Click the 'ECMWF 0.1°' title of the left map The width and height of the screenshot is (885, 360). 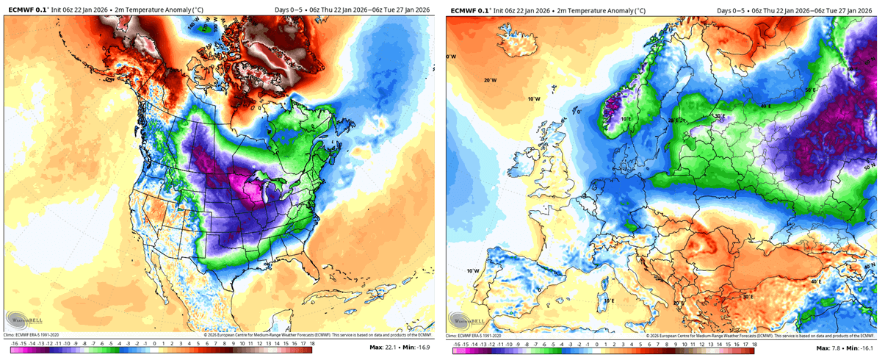coord(25,10)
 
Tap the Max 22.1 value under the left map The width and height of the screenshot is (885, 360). coord(389,348)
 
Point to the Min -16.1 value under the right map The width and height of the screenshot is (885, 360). coord(861,348)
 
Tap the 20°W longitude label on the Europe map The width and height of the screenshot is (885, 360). coord(490,80)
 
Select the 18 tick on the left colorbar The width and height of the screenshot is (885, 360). coord(311,343)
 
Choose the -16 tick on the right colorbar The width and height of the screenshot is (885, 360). coord(457,343)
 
